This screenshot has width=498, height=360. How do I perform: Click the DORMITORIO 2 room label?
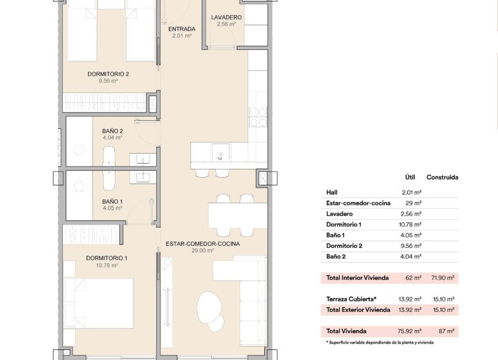coord(108,74)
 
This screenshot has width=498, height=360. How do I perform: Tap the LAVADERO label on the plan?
coord(227,18)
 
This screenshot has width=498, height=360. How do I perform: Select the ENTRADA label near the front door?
coord(182,29)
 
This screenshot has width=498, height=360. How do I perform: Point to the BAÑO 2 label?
coord(112,131)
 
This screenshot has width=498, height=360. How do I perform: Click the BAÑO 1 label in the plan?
coord(112,201)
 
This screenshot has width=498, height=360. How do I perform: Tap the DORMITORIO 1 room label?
coord(106,258)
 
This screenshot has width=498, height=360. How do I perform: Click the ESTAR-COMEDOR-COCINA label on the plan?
coord(202,243)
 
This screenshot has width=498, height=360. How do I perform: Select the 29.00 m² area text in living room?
coord(202,250)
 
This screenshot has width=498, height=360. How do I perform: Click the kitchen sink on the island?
coord(220,150)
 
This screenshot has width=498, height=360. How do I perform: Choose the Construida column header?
coord(442,177)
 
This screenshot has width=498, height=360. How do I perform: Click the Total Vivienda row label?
coord(351,331)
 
